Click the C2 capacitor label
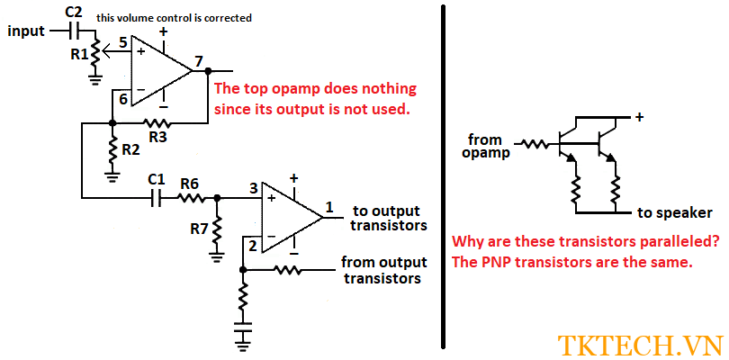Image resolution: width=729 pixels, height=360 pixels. (x=74, y=12)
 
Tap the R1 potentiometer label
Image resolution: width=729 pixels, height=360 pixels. (x=79, y=54)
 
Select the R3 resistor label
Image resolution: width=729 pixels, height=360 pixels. (x=157, y=137)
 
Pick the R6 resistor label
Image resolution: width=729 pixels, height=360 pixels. (x=189, y=183)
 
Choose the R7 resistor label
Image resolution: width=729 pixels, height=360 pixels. (x=199, y=229)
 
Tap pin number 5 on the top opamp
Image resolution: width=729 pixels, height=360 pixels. (x=123, y=42)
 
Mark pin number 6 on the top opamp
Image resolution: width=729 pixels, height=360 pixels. (x=123, y=99)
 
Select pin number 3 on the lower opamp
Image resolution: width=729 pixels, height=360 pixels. (x=254, y=188)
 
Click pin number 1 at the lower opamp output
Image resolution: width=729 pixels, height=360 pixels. (x=329, y=207)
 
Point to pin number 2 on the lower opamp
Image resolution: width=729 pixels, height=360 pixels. (x=254, y=245)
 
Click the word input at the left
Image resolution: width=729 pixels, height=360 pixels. (x=27, y=31)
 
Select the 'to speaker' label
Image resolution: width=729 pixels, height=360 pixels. (x=675, y=213)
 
